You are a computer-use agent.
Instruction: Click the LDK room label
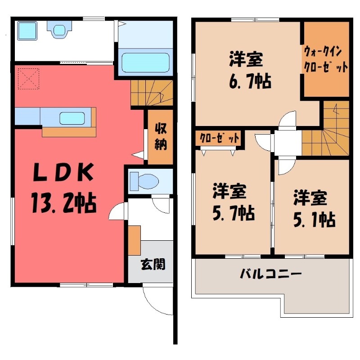pyautogui.click(x=63, y=172)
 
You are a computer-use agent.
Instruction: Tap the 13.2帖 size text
pyautogui.click(x=64, y=203)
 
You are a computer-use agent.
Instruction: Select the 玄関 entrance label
pyautogui.click(x=153, y=264)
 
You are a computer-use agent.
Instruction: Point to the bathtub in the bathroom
pyautogui.click(x=145, y=62)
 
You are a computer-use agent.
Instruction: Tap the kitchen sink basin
pyautogui.click(x=72, y=118)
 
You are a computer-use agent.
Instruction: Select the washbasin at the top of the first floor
pyautogui.click(x=59, y=29)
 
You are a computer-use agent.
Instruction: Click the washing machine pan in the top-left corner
pyautogui.click(x=27, y=31)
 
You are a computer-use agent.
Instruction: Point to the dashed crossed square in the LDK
pyautogui.click(x=29, y=78)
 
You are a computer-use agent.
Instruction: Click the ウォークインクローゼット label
pyautogui.click(x=325, y=59)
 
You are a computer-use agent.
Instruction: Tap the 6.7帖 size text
pyautogui.click(x=250, y=81)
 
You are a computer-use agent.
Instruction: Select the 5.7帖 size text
pyautogui.click(x=234, y=213)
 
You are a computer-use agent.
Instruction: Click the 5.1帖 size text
pyautogui.click(x=314, y=220)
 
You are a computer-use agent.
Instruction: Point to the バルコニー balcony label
pyautogui.click(x=270, y=274)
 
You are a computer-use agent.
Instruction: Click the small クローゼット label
pyautogui.click(x=219, y=138)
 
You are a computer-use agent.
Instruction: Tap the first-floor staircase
pyautogui.click(x=152, y=93)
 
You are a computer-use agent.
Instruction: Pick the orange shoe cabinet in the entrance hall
pyautogui.click(x=134, y=240)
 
